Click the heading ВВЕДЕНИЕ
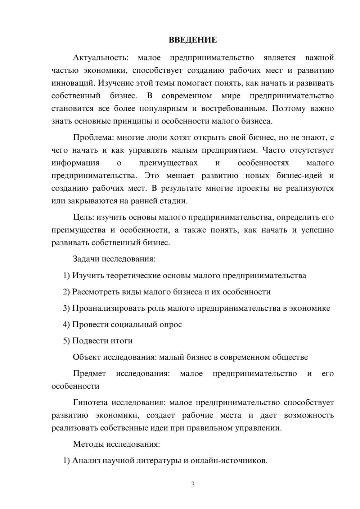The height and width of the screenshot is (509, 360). (193, 40)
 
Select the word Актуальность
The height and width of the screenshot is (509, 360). (100, 58)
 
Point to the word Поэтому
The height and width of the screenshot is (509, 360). (288, 108)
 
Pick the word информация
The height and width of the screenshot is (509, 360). (75, 163)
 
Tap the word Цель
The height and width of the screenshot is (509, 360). (83, 217)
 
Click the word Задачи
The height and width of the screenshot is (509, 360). (86, 259)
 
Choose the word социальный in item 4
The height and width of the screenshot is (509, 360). (134, 324)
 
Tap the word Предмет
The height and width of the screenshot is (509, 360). (89, 373)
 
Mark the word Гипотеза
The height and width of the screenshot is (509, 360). (91, 402)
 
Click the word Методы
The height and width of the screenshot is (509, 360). (88, 444)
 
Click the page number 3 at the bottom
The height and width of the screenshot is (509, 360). (193, 485)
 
